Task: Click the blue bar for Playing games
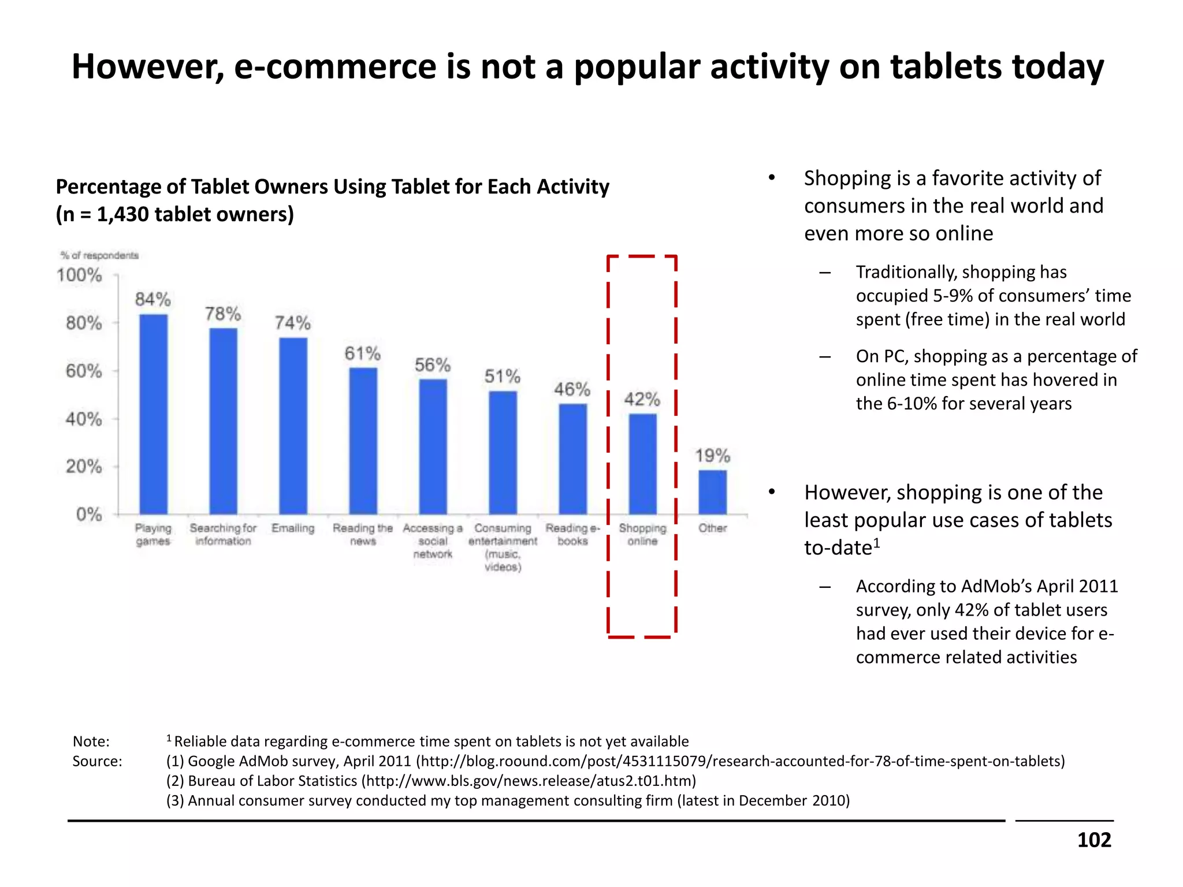point(154,414)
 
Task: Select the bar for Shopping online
point(642,464)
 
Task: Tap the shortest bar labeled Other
point(712,492)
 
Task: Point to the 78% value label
point(223,314)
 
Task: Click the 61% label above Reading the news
point(362,353)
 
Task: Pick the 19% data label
point(712,456)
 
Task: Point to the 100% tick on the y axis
point(79,275)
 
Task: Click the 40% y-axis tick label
point(84,419)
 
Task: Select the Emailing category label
point(293,528)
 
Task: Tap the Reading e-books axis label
point(572,535)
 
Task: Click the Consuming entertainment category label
point(503,547)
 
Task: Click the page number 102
point(1093,840)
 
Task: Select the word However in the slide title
point(148,67)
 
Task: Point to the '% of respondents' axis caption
point(99,255)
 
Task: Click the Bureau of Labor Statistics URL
point(529,781)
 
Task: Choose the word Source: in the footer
point(97,761)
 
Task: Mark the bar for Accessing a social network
point(433,446)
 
